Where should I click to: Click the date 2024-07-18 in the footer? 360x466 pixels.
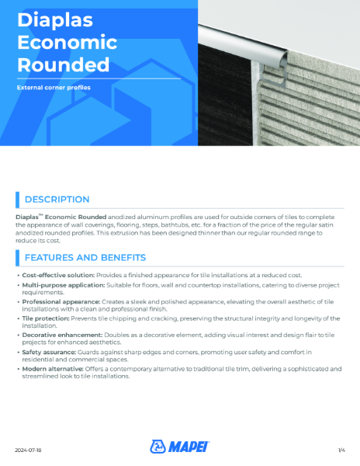29,449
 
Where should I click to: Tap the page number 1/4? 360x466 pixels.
341,449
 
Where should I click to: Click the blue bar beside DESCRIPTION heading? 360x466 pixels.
17,200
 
